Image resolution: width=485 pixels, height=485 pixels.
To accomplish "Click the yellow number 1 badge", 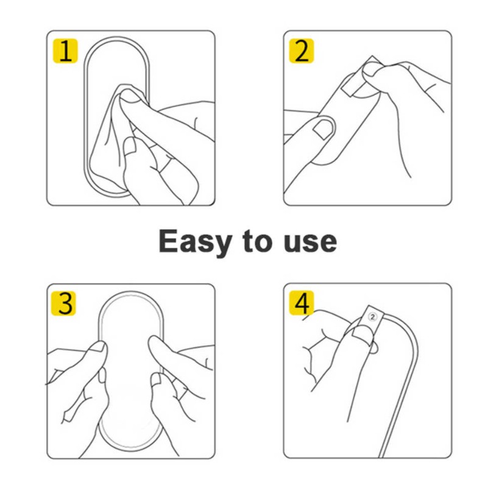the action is click(65, 51).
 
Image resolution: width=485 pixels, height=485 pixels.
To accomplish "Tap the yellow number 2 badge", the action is click(301, 51).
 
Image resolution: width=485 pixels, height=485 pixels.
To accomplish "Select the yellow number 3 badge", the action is click(63, 303).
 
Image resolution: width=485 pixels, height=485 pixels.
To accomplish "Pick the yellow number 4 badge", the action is click(301, 303).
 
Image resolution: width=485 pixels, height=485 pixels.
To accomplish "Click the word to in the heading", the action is click(257, 241).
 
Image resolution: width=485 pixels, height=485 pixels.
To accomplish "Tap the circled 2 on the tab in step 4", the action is click(373, 317).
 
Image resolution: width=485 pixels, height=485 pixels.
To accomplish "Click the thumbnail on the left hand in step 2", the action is click(322, 128).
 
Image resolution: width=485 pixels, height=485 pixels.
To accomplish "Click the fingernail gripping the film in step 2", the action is click(372, 69).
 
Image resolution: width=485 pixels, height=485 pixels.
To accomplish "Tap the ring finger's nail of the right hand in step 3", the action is click(156, 380).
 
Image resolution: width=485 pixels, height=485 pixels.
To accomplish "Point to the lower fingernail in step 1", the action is click(130, 146).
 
